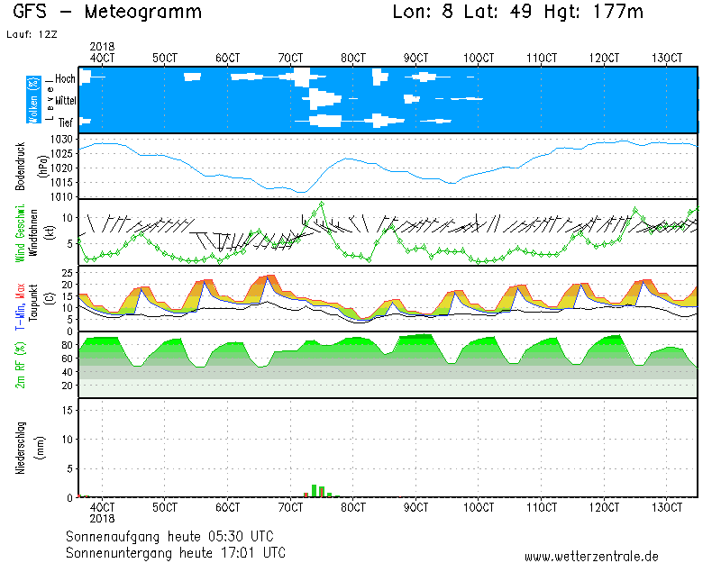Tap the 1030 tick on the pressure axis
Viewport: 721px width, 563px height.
[61, 140]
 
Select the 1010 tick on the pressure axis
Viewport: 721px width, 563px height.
[61, 196]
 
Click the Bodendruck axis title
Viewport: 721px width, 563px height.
[21, 166]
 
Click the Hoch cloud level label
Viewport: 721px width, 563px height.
[65, 79]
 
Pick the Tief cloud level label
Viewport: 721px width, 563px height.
[65, 121]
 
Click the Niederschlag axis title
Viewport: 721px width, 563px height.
[21, 448]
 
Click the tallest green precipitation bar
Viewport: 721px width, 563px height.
[314, 491]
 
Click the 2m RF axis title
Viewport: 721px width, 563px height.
[21, 365]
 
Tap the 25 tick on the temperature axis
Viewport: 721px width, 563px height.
[65, 271]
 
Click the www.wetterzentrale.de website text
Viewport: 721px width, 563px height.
[591, 556]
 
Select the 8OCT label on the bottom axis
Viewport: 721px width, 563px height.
[354, 507]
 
